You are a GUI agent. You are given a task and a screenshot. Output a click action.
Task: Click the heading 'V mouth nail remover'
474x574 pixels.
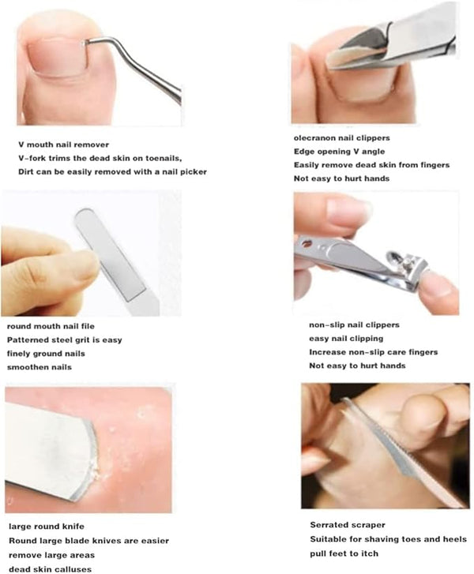click(63, 144)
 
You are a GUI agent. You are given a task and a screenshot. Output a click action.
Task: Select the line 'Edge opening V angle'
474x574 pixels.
click(339, 152)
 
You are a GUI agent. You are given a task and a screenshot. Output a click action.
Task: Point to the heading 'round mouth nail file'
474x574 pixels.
click(51, 326)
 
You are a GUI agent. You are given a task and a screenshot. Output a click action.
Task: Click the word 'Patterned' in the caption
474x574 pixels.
click(28, 340)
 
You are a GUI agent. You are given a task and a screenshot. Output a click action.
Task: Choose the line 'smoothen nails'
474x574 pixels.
click(39, 367)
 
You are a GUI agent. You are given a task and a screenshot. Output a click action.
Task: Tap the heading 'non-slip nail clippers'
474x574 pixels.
click(354, 325)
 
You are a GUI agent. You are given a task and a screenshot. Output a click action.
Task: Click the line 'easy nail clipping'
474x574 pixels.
click(346, 339)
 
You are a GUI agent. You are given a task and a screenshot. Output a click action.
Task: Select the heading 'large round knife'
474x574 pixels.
click(47, 527)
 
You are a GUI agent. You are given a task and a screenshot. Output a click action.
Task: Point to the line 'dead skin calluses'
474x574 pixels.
click(51, 569)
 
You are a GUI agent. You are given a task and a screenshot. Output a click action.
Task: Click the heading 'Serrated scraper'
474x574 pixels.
click(348, 525)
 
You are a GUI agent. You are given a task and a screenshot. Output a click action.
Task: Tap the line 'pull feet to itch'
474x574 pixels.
click(344, 553)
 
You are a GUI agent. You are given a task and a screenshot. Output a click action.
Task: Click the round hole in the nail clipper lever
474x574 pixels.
click(307, 243)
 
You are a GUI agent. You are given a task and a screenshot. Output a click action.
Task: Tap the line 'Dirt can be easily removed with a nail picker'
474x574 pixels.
click(112, 172)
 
